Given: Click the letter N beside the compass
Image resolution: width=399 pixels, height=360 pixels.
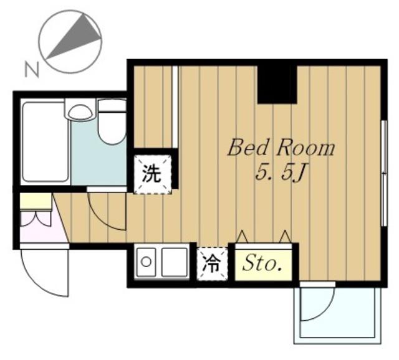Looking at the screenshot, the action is [32, 69].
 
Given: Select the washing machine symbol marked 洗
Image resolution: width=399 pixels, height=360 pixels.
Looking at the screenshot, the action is [152, 174].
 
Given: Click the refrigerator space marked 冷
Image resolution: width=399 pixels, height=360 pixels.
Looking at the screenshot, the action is [212, 263].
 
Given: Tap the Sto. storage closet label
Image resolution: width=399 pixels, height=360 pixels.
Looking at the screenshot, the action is [262, 265].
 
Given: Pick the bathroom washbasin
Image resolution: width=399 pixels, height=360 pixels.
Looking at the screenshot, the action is [80, 110].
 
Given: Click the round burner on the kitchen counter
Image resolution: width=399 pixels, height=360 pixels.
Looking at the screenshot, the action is [146, 262].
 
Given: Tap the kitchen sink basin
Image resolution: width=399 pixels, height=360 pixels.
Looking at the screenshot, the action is [175, 262].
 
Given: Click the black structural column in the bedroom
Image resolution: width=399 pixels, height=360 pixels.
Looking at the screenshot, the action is [277, 85].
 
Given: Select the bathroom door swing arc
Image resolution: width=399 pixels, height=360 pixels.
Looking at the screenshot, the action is [104, 218].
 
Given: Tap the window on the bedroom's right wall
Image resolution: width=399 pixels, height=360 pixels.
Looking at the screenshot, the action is [385, 173].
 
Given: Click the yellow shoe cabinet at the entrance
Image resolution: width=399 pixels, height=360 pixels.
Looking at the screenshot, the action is [36, 201].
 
